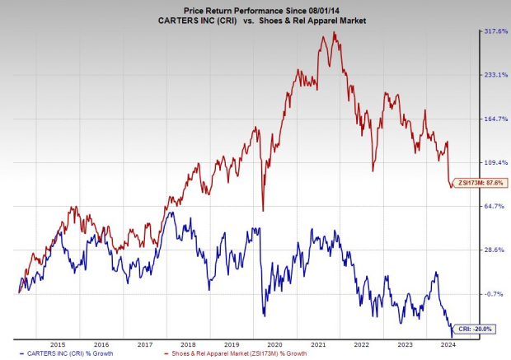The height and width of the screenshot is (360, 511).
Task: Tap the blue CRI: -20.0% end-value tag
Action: coord(475,329)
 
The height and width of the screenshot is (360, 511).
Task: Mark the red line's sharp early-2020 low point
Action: coord(263,211)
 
